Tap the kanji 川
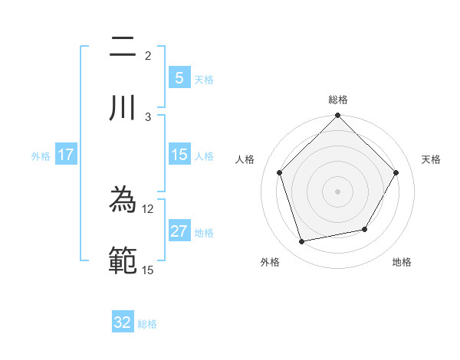(x=123, y=107)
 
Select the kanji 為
(x=123, y=201)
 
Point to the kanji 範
(x=123, y=260)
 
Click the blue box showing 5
(x=179, y=77)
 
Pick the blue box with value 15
(x=179, y=155)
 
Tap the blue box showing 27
(x=179, y=231)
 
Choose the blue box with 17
(x=66, y=155)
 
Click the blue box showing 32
(x=123, y=322)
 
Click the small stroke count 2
(x=148, y=56)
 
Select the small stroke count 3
(x=148, y=116)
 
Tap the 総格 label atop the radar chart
(x=337, y=100)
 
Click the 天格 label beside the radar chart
(x=431, y=159)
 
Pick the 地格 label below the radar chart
(x=402, y=262)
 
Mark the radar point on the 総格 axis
(x=337, y=116)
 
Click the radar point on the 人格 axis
(x=280, y=172)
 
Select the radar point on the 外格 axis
(x=302, y=242)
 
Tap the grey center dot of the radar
(x=337, y=191)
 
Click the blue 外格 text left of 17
(x=41, y=155)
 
